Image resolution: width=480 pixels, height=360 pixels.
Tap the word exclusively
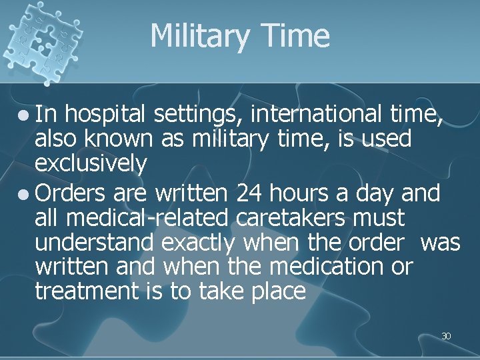click(91, 164)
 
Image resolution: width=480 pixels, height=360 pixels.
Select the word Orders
click(71, 193)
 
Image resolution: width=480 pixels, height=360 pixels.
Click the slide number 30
click(446, 336)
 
